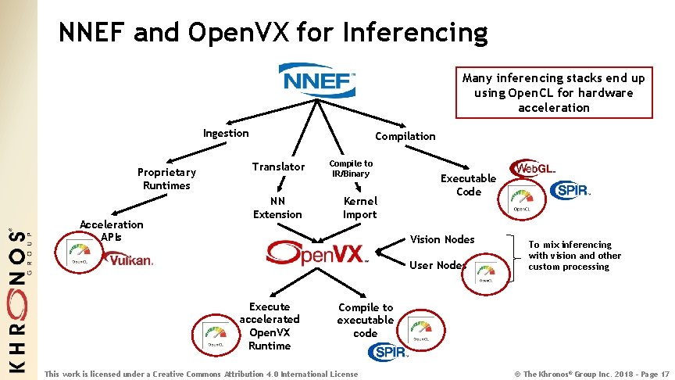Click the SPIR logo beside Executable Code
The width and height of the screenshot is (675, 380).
[x=570, y=190]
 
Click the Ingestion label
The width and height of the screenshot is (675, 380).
[x=226, y=133]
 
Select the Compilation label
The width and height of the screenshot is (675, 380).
[x=405, y=136]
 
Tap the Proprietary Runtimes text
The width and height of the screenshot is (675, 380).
[x=166, y=178]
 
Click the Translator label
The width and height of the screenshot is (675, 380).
[x=278, y=167]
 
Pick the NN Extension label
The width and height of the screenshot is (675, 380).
[x=277, y=207]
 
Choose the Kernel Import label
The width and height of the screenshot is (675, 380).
[x=359, y=207]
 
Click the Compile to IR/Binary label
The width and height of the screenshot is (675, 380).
[x=351, y=168]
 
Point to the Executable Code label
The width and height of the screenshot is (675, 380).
[x=468, y=185]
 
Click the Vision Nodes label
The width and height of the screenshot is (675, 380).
[x=442, y=239]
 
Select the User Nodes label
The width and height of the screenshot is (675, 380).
[x=437, y=265]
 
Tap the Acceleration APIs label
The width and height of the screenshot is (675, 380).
[x=111, y=230]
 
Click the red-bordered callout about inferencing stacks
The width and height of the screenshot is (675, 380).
[x=553, y=92]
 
